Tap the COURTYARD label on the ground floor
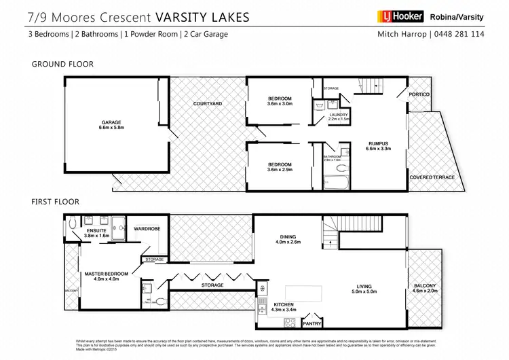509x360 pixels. (208, 103)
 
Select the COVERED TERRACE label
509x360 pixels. (432, 177)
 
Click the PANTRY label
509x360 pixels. (312, 323)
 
